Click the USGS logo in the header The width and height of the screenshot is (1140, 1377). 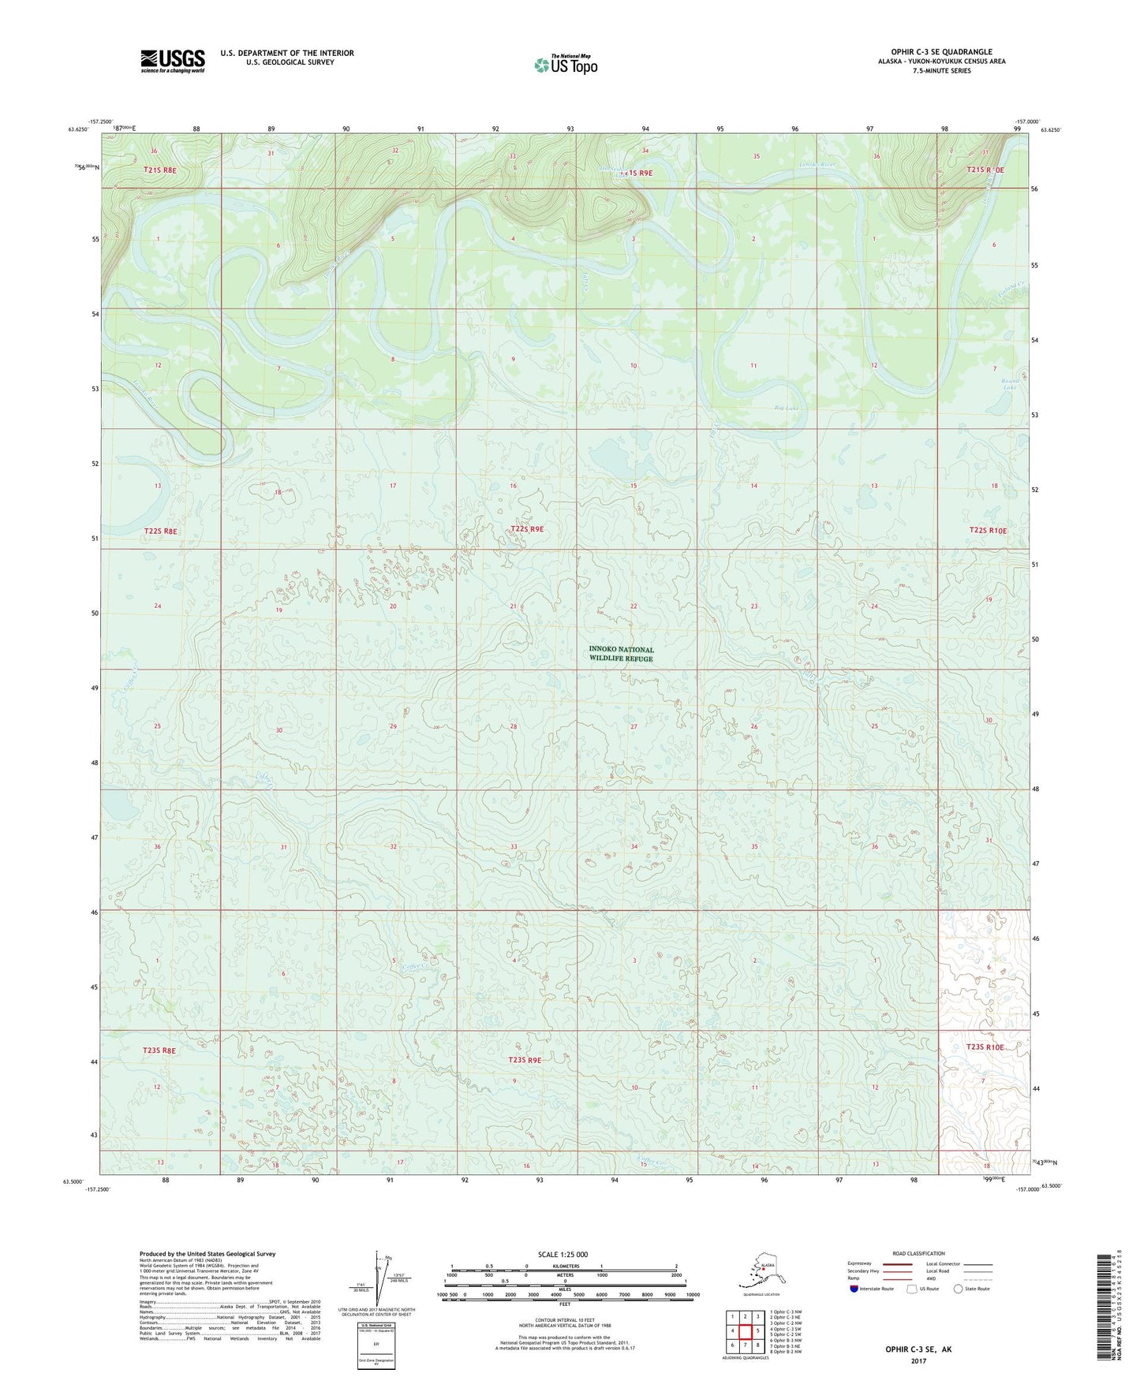pyautogui.click(x=173, y=60)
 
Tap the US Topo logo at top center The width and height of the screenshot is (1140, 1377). pyautogui.click(x=565, y=65)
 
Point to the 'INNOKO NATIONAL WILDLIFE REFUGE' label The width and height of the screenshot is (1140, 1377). pyautogui.click(x=621, y=654)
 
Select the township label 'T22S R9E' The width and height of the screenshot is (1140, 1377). pyautogui.click(x=526, y=529)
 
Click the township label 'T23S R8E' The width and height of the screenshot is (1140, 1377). pyautogui.click(x=159, y=1050)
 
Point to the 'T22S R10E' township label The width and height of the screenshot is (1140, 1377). pyautogui.click(x=987, y=531)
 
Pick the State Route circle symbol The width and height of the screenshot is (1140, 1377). pyautogui.click(x=959, y=1289)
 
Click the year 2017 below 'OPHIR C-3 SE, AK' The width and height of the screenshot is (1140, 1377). pyautogui.click(x=918, y=1360)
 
